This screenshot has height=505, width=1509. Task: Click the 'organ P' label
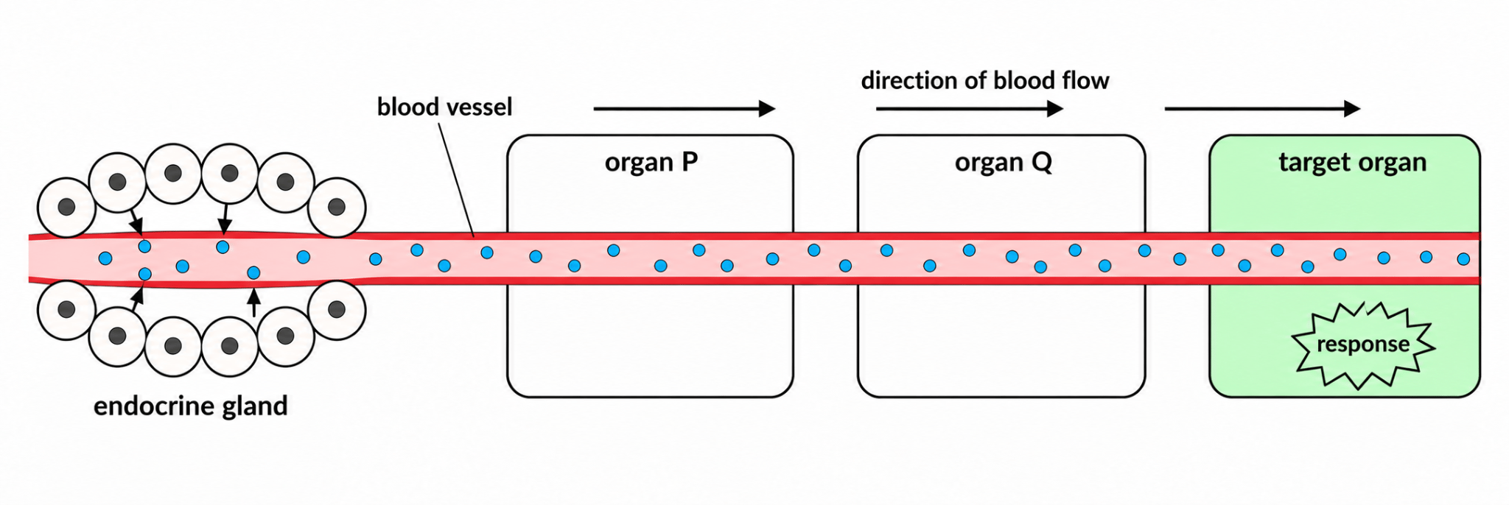coord(651,163)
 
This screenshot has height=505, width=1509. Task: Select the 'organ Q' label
coord(1003,163)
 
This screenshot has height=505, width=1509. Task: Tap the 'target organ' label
coord(1352,163)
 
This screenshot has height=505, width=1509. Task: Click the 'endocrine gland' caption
coord(190,406)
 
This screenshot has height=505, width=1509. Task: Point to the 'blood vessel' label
coord(444,107)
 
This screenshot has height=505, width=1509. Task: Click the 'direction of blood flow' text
coord(984,80)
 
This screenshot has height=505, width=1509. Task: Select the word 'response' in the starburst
coord(1362,345)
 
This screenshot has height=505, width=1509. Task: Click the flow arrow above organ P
coord(685,109)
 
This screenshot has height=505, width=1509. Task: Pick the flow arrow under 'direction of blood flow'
coord(970,109)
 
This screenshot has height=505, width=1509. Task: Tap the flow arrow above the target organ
coord(1262,109)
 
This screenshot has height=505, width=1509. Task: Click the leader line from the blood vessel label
coord(456,179)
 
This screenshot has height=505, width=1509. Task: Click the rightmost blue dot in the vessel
coord(1463,259)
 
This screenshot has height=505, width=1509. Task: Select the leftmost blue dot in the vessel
coord(105,258)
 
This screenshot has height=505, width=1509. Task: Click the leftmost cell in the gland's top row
coord(66,207)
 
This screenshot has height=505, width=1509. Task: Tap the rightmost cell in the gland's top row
coord(337,207)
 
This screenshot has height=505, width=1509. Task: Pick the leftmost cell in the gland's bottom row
coord(66,310)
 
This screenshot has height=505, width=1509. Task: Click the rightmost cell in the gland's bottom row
coord(337,310)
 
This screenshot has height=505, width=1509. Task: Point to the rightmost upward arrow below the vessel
coord(254,303)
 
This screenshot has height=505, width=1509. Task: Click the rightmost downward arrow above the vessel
coord(225,219)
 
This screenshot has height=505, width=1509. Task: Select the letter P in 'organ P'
coord(690,161)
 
